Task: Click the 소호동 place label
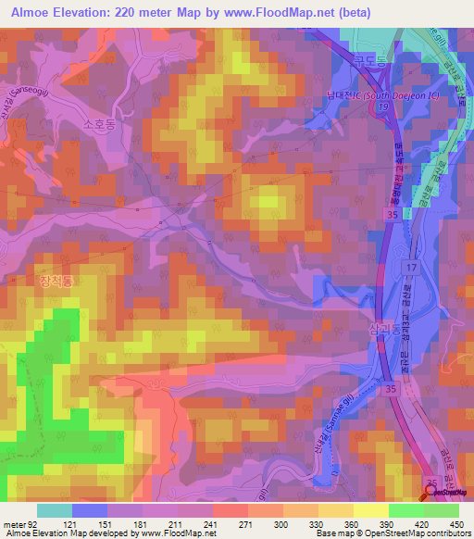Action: point(99,121)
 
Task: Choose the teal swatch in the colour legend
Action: point(54,510)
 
